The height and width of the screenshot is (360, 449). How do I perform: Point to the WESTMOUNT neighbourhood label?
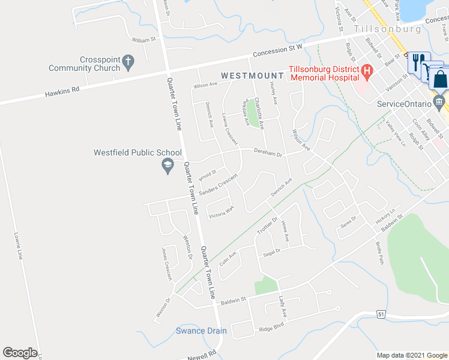pyautogui.click(x=252, y=76)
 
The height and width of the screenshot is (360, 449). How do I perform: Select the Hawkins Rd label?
pyautogui.click(x=62, y=92)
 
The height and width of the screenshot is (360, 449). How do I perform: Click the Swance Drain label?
pyautogui.click(x=201, y=331)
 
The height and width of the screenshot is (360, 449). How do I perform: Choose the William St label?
pyautogui.click(x=144, y=40)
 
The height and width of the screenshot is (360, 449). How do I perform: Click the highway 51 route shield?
pyautogui.click(x=381, y=314)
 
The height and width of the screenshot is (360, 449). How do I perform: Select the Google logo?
pyautogui.click(x=20, y=353)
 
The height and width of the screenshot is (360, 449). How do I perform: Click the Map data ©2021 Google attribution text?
pyautogui.click(x=411, y=355)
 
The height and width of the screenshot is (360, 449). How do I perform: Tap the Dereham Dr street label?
pyautogui.click(x=267, y=153)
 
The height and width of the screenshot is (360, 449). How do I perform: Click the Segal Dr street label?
pyautogui.click(x=272, y=253)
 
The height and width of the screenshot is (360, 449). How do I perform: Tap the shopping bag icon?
pyautogui.click(x=440, y=79)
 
